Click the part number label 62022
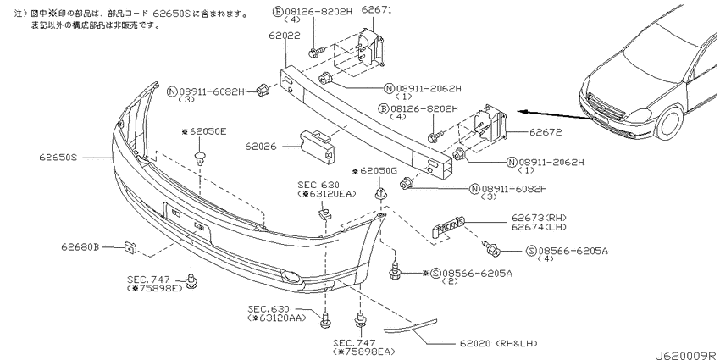(x=285, y=36)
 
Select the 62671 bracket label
(x=377, y=9)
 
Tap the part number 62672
(x=546, y=133)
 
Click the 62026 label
(x=261, y=147)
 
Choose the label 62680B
(x=80, y=247)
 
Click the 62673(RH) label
(x=539, y=218)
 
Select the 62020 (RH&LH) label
(x=498, y=343)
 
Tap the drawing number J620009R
(x=686, y=356)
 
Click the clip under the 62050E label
(x=200, y=157)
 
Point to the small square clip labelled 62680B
(x=130, y=248)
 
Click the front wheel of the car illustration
(x=670, y=123)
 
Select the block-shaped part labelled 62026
(x=318, y=145)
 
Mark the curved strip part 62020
(x=411, y=325)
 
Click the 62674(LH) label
(x=539, y=227)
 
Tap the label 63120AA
(x=277, y=318)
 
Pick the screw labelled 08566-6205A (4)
(x=491, y=248)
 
